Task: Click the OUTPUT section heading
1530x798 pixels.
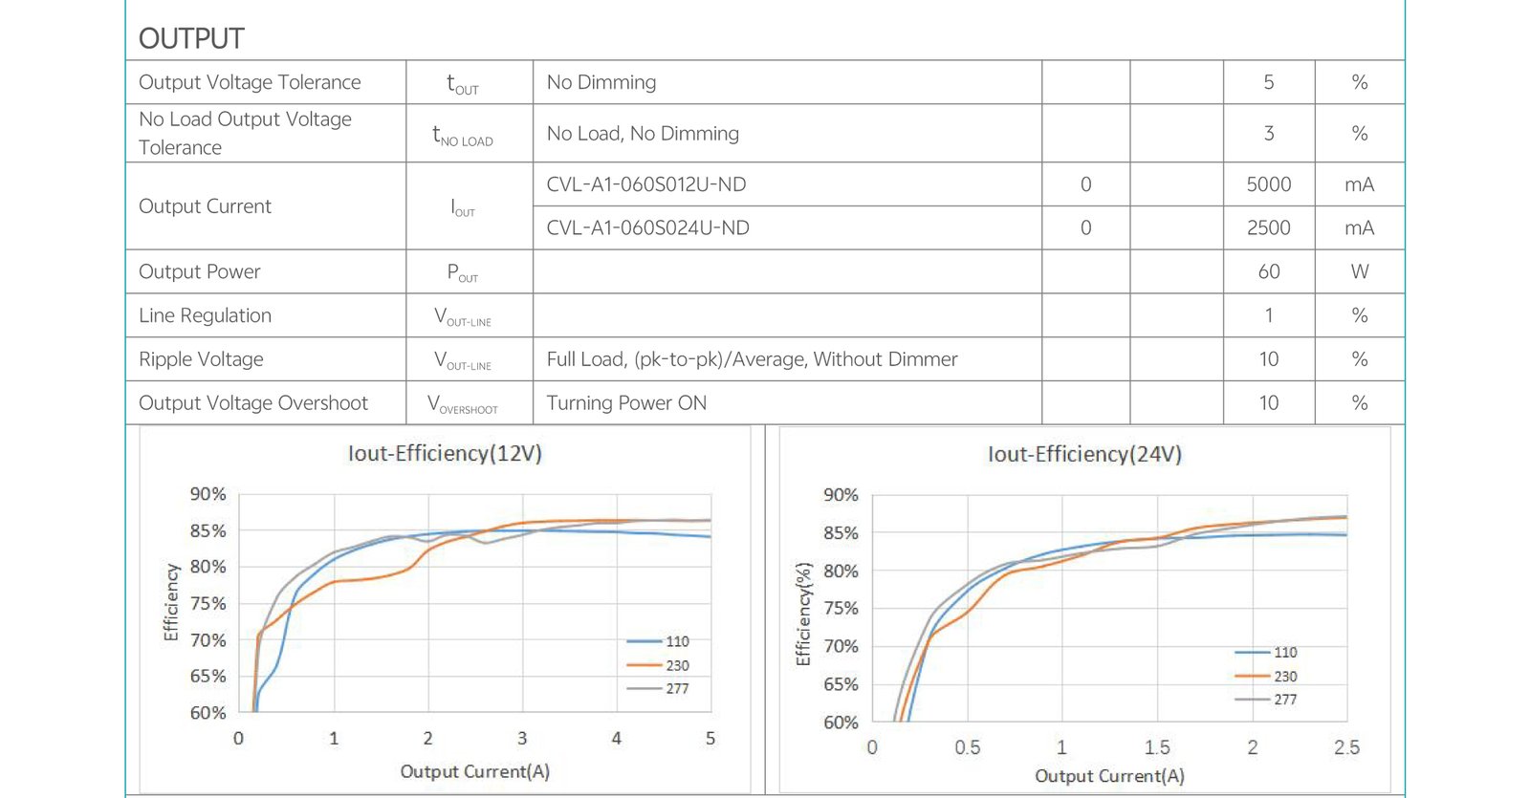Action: tap(191, 38)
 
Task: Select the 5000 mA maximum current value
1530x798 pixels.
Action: tap(1268, 184)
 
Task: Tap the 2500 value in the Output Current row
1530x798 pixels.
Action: tap(1268, 228)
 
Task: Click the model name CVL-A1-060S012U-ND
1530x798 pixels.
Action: tap(645, 184)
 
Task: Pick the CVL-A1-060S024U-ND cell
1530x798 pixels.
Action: tap(647, 228)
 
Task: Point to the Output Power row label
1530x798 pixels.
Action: tap(199, 272)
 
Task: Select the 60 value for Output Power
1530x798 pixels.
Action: tap(1268, 272)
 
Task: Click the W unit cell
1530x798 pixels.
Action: tap(1359, 272)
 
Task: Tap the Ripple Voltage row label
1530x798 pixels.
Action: tap(201, 359)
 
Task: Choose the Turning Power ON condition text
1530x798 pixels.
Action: tap(626, 403)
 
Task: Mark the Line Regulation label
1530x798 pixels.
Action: tap(205, 315)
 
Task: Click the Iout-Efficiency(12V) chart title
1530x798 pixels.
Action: tap(445, 453)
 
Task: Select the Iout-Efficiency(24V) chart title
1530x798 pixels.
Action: tap(1084, 454)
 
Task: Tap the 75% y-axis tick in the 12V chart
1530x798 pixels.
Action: tap(208, 603)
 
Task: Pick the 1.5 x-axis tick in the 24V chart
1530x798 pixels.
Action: tap(1157, 747)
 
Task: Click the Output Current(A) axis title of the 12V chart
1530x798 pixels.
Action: tap(474, 771)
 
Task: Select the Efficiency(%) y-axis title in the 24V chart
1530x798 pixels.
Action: tap(803, 613)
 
